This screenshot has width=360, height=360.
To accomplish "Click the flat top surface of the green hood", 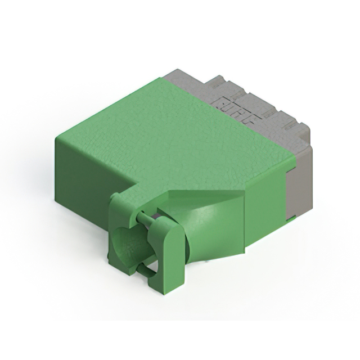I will (169, 135).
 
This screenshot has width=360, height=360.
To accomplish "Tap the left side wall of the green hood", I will (84, 174).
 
